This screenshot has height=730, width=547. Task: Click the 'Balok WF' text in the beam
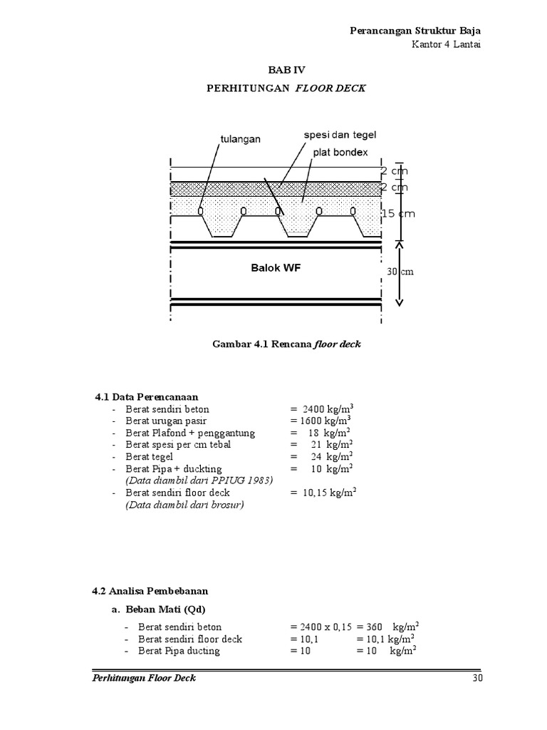(276, 268)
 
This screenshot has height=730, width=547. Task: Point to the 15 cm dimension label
(397, 214)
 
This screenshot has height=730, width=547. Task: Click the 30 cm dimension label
(400, 272)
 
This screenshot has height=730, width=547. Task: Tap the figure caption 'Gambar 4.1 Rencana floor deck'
(286, 344)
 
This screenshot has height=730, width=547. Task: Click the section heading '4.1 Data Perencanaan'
(146, 396)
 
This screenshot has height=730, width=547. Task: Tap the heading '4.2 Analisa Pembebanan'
(150, 592)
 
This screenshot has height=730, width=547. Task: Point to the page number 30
(478, 678)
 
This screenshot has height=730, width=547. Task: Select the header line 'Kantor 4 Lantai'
(447, 45)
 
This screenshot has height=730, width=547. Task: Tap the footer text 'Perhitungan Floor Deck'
(145, 678)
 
